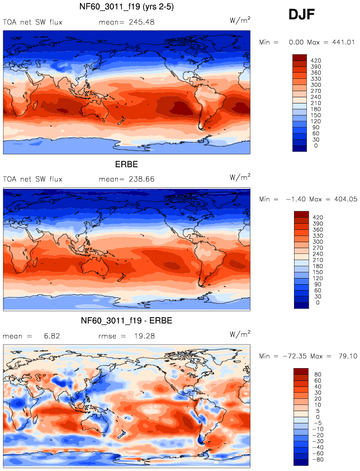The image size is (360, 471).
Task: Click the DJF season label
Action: tap(301, 15)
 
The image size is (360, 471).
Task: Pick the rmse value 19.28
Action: tap(142, 336)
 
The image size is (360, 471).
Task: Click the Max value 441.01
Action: tap(342, 42)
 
